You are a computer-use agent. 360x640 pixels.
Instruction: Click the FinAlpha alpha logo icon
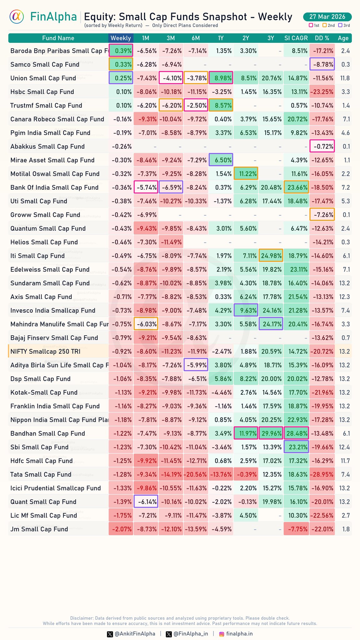coord(17,17)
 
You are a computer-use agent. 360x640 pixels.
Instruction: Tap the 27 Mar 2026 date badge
coord(327,17)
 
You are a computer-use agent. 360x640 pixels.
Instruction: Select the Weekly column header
coord(121,38)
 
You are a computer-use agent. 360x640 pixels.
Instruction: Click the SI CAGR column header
coord(296,38)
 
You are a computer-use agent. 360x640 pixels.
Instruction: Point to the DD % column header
coord(322,38)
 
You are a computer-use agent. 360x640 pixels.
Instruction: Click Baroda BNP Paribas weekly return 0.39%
coord(121,51)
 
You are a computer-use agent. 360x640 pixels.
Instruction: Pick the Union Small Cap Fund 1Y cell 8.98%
coord(221,78)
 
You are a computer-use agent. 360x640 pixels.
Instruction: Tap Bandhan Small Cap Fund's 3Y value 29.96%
coord(271,433)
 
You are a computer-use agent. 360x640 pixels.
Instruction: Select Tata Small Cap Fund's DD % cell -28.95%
coord(322,474)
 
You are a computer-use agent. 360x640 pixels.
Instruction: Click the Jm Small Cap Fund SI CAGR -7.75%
coord(296,529)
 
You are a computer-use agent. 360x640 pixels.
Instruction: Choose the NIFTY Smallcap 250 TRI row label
coord(45,352)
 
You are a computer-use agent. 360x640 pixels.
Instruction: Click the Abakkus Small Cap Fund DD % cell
coord(322,146)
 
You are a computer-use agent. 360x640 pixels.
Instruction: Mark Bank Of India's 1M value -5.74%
coord(146,187)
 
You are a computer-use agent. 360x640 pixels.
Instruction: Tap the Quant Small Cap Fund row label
coord(43,502)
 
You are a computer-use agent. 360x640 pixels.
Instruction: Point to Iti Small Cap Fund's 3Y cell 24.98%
coord(271,256)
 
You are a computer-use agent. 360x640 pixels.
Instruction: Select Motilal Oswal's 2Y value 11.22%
coord(246,174)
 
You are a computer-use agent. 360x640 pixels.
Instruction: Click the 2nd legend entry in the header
coord(329,26)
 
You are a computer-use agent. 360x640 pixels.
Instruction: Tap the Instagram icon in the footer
coord(222,634)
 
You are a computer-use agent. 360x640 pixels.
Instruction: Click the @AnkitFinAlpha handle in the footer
coord(135,634)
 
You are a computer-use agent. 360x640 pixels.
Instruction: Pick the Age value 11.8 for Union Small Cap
coord(345,78)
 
